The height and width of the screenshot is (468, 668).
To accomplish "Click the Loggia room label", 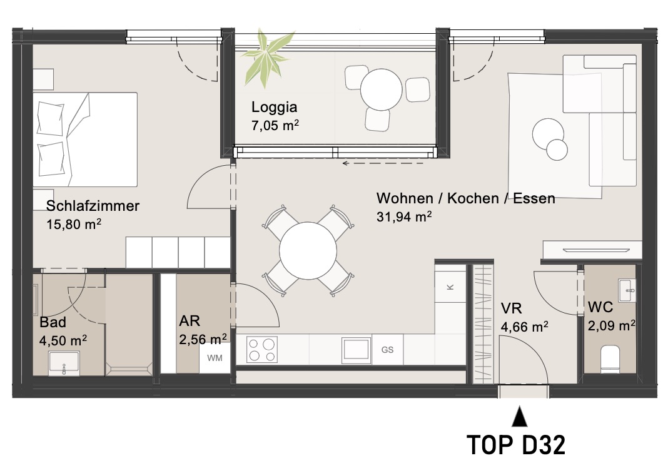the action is [x=274, y=107].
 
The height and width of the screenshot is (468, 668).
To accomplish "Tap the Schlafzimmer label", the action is [x=93, y=205].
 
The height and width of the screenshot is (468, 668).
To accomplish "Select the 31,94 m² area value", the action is [x=404, y=216].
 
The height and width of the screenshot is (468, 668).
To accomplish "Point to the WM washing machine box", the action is [x=215, y=358].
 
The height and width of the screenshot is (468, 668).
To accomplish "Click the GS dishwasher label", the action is [x=387, y=350].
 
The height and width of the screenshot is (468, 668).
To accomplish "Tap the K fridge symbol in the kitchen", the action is [x=450, y=287].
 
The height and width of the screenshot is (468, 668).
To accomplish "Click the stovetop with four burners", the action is [x=262, y=350].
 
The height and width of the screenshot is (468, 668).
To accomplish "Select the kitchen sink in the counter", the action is [x=356, y=350].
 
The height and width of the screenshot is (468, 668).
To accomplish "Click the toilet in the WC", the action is [x=610, y=359].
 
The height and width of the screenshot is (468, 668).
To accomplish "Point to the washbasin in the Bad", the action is [x=64, y=363].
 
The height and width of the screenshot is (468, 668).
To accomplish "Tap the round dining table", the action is [x=308, y=251].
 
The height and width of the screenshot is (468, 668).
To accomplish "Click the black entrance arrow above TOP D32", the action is [x=519, y=417].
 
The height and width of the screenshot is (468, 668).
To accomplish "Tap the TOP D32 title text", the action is [x=517, y=445].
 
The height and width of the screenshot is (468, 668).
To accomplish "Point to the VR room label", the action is [x=511, y=308].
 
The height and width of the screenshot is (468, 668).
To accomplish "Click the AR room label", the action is [x=190, y=320].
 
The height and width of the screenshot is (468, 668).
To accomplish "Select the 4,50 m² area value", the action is [x=63, y=340].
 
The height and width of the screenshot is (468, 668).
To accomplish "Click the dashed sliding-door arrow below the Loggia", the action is [x=383, y=163].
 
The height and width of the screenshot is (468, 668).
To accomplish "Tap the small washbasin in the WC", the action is [x=627, y=290].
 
